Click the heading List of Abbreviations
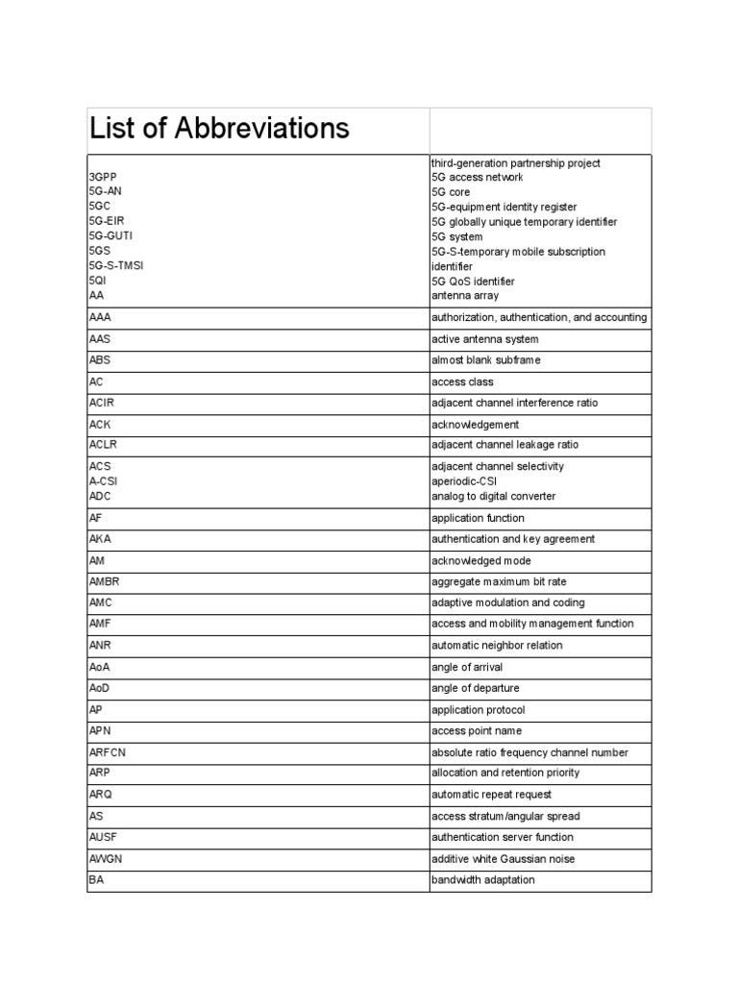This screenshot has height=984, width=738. pos(219,129)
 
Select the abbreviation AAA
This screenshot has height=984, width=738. pos(101,316)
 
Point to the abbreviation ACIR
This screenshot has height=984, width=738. pos(103,403)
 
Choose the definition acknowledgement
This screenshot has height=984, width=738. pos(475,425)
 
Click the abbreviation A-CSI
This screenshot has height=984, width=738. pos(103,481)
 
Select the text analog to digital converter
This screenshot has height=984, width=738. pos(493,497)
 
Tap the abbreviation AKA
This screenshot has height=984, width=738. pos(100,539)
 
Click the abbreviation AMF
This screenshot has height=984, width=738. pos(101,624)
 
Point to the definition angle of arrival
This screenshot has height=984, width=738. pos(467,667)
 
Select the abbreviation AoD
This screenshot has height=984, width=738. pos(101,688)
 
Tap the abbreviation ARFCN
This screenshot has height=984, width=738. pos(108,752)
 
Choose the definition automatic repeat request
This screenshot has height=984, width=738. pos(491,795)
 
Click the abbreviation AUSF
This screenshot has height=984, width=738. pos(103,837)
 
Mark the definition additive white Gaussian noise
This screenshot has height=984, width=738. pos(503,859)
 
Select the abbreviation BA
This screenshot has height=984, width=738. pos(96,879)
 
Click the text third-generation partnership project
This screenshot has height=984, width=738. pos(516,163)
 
